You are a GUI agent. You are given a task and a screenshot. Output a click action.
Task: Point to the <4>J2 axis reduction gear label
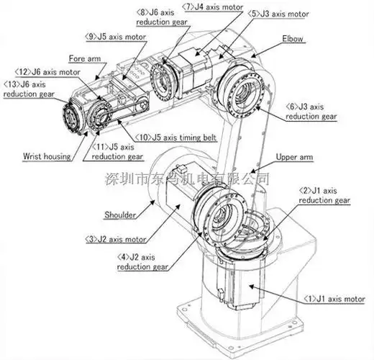click(x=144, y=261)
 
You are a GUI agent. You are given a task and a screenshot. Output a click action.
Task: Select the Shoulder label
click(x=120, y=215)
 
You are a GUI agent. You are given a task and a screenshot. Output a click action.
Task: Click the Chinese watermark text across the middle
click(x=187, y=178)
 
